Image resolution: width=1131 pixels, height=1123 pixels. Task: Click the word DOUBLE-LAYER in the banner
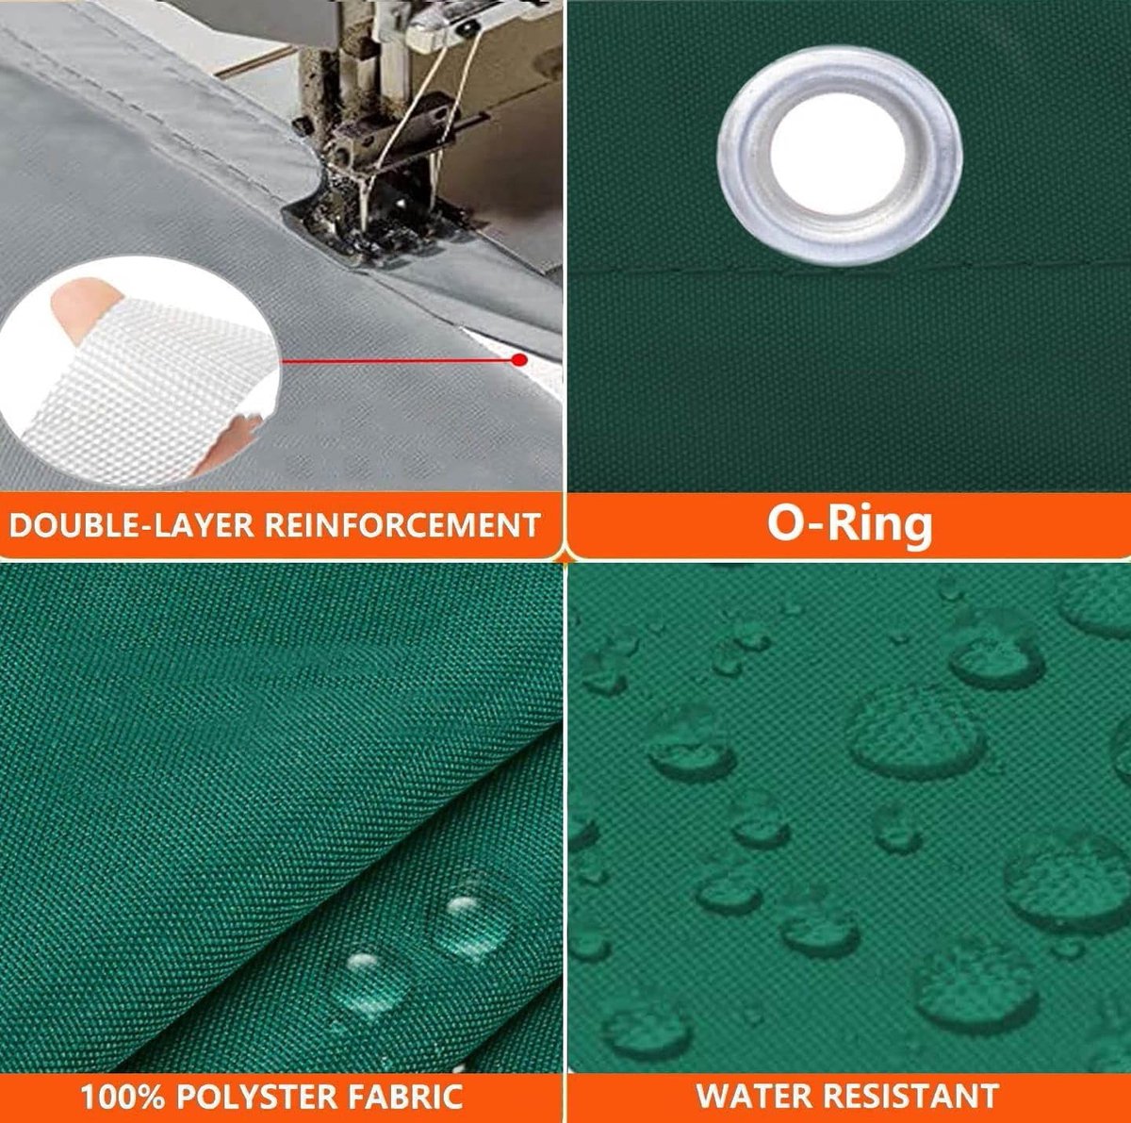click(131, 524)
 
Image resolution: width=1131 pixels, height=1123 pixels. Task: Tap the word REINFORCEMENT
click(402, 524)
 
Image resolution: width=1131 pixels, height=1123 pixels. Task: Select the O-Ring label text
click(849, 522)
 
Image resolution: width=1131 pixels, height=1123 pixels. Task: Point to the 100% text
click(123, 1096)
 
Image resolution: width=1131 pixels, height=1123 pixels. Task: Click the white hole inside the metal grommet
click(838, 156)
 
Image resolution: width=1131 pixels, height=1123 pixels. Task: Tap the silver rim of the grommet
click(743, 156)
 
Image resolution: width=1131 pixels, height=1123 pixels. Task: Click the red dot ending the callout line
click(518, 359)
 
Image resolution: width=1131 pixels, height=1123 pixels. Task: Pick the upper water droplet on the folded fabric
click(469, 917)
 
